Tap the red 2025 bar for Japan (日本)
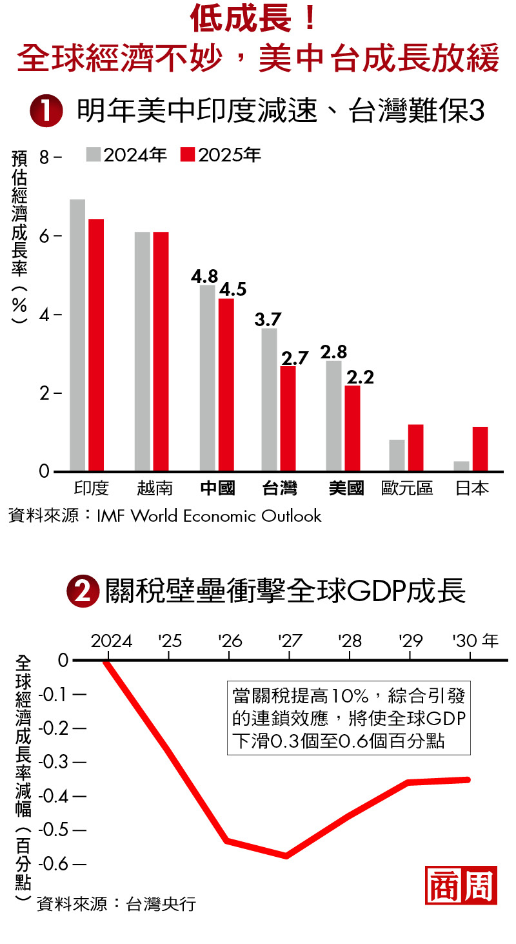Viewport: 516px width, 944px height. pos(480,448)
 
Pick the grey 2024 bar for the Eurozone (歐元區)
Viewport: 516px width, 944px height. pos(397,455)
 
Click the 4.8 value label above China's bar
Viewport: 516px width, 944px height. pos(204,277)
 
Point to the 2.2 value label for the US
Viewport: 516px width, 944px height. pos(360,377)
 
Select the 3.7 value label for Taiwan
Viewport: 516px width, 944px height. pos(268,320)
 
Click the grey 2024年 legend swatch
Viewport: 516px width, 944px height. pos(94,156)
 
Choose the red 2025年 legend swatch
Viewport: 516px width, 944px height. pos(188,156)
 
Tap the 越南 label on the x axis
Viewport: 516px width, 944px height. pos(155,488)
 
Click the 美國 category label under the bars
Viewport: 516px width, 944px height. pos(346,488)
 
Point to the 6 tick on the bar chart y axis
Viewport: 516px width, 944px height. pos(44,236)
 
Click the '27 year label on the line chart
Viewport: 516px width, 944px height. pos(290,641)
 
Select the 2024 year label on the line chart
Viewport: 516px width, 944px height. pos(112,641)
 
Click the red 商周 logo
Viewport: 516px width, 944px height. pos(461,885)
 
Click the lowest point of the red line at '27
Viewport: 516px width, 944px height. pos(286,856)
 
